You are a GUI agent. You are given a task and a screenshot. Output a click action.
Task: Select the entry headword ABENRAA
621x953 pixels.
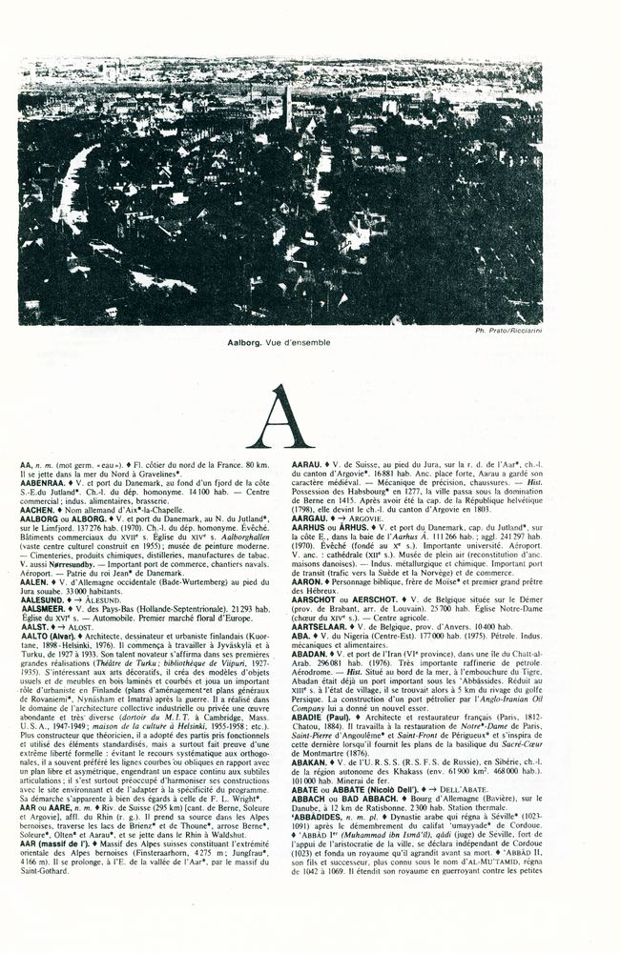(40, 482)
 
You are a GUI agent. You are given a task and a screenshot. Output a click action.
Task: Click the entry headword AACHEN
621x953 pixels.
(36, 511)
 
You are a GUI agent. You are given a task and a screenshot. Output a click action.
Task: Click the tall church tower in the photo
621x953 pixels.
(286, 107)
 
